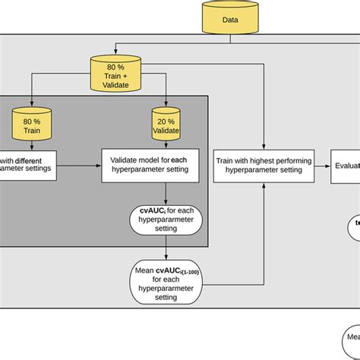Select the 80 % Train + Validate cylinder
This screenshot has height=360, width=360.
(x=115, y=71)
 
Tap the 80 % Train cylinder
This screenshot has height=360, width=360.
(x=32, y=124)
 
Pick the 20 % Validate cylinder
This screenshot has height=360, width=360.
(x=165, y=124)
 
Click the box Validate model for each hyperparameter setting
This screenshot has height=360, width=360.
(x=150, y=166)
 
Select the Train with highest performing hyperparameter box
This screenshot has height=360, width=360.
(x=263, y=166)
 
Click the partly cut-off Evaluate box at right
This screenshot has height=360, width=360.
(x=346, y=166)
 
